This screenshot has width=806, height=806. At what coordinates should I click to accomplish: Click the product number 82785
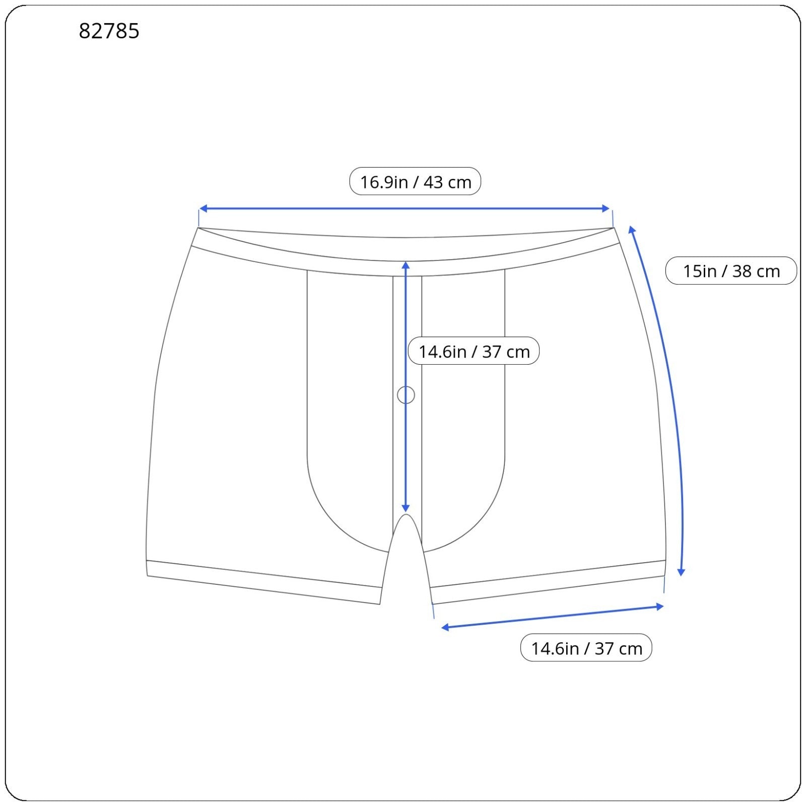(109, 31)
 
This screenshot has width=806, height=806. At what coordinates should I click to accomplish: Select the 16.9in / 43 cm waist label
(415, 181)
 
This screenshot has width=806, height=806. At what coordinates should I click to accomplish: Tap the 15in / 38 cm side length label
(731, 271)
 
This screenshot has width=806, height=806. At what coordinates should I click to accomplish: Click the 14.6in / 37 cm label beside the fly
(474, 351)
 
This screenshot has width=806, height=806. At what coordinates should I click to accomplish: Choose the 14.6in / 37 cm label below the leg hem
(586, 648)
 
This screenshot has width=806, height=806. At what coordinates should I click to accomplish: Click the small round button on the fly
(406, 395)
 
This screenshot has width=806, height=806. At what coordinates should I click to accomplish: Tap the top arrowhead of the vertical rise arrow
(406, 265)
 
